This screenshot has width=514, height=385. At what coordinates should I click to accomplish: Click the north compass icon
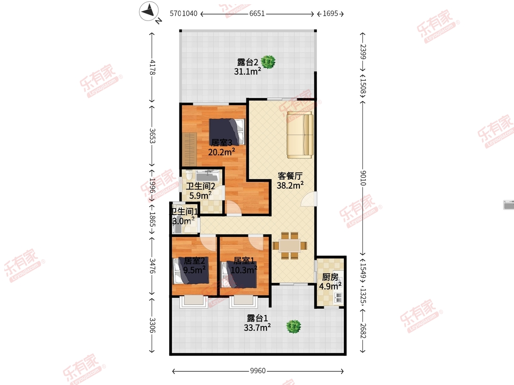click(149, 11)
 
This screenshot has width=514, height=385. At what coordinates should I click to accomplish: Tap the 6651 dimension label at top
click(257, 14)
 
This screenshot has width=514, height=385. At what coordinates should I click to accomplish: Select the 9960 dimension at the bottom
click(257, 371)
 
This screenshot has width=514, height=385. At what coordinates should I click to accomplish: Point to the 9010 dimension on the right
click(363, 178)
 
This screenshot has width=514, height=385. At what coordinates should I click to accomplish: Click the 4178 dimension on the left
click(152, 67)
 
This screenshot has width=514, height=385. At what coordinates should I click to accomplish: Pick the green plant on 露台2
click(268, 62)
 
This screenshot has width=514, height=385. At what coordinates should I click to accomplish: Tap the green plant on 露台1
click(294, 326)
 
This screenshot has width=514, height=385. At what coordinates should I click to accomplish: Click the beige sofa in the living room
click(300, 135)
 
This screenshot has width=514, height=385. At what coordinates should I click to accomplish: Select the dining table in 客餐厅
click(290, 246)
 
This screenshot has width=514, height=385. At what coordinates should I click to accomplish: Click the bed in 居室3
click(227, 132)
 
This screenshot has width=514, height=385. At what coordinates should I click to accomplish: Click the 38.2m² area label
click(290, 185)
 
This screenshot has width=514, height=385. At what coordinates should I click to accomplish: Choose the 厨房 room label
click(330, 277)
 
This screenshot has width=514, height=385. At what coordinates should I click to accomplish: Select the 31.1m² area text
click(248, 71)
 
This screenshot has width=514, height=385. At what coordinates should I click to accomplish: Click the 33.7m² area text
click(257, 327)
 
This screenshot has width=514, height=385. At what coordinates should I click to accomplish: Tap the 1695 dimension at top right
click(330, 14)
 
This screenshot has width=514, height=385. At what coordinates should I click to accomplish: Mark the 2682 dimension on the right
click(363, 331)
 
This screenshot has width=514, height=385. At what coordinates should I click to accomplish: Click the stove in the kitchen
click(339, 298)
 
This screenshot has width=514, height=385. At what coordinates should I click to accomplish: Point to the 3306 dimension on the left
click(152, 325)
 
